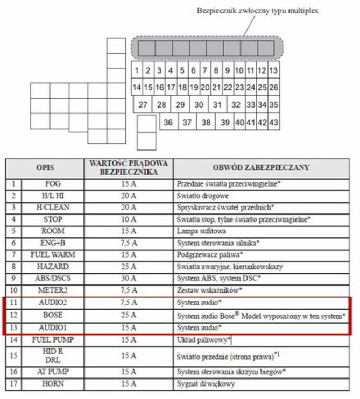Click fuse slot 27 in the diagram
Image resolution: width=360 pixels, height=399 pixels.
pos(143,105)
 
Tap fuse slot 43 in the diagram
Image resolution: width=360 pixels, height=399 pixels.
pos(273,123)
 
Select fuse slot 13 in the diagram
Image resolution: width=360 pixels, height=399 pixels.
pos(273,70)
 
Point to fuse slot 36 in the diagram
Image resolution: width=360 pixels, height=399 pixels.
pos(168,123)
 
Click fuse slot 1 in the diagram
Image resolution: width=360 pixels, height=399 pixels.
pos(137,70)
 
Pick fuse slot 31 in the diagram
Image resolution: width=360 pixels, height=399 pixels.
pos(217,105)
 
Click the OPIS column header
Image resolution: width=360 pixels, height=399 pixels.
pos(45,167)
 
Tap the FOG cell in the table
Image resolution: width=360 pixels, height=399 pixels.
pos(53,184)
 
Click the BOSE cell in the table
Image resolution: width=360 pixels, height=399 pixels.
pos(53,315)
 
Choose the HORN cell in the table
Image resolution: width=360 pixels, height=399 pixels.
pos(53,384)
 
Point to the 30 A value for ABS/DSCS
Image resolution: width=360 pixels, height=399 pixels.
pos(129,279)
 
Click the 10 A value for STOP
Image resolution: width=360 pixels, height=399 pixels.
pos(129,219)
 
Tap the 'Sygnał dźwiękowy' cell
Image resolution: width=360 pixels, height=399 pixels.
pos(205,384)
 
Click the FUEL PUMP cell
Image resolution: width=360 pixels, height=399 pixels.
pos(53,340)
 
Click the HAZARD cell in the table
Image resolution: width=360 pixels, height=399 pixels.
pos(53,267)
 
